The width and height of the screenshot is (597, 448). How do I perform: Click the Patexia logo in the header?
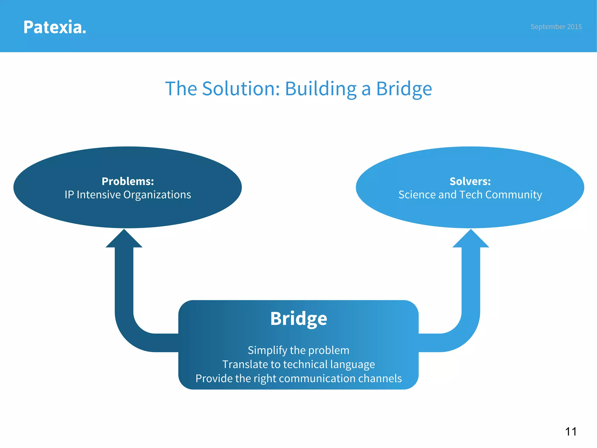pyautogui.click(x=55, y=27)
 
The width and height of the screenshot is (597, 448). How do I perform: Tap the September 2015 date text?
pyautogui.click(x=556, y=27)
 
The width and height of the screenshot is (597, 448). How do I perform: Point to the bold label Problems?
pyautogui.click(x=128, y=181)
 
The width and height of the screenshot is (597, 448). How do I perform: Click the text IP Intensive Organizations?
pyautogui.click(x=128, y=195)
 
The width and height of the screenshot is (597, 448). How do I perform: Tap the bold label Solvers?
pyautogui.click(x=470, y=181)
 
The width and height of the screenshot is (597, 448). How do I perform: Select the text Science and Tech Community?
pyautogui.click(x=470, y=195)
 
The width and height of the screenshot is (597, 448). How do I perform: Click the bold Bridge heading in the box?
pyautogui.click(x=298, y=318)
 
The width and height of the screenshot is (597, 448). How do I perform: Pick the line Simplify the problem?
pyautogui.click(x=298, y=350)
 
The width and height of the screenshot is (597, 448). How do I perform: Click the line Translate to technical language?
pyautogui.click(x=298, y=365)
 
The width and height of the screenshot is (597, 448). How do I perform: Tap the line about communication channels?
pyautogui.click(x=298, y=379)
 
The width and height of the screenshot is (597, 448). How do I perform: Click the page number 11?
pyautogui.click(x=571, y=432)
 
